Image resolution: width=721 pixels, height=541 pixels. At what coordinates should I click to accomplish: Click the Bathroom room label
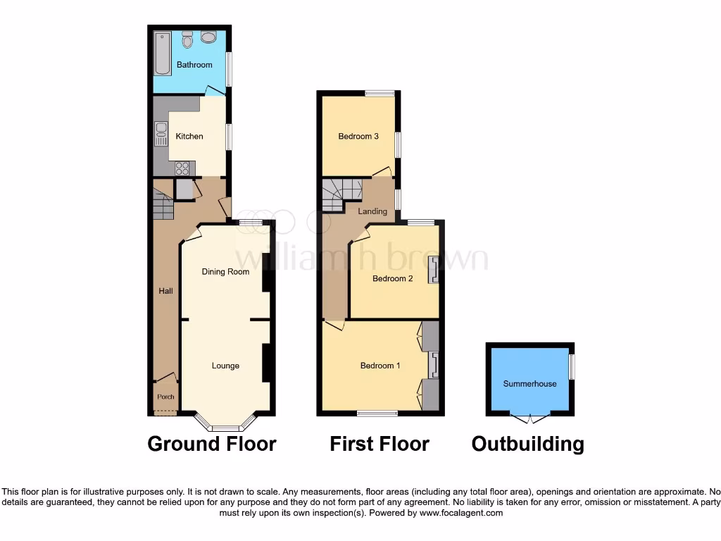194,65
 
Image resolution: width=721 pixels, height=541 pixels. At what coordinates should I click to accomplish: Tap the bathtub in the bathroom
163,54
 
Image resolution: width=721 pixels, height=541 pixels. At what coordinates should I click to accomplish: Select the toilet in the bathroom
187,40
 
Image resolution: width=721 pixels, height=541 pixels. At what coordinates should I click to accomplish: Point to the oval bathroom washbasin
210,37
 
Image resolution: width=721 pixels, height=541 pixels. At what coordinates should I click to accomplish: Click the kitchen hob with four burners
182,168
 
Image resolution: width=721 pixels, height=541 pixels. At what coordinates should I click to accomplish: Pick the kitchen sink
159,132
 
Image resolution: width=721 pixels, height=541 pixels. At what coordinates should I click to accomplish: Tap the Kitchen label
189,136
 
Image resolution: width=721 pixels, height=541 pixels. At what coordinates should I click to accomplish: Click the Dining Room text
225,271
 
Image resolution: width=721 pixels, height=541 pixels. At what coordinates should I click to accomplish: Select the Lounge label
225,366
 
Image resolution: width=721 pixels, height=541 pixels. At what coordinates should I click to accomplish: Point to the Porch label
165,397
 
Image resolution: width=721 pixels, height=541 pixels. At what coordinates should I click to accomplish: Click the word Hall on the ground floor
165,290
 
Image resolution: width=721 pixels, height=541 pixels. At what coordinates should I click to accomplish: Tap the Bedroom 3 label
358,136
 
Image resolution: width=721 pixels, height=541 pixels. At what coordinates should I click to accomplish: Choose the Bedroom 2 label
392,278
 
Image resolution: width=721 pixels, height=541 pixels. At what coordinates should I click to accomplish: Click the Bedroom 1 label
380,366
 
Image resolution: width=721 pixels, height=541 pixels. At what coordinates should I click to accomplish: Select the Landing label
372,211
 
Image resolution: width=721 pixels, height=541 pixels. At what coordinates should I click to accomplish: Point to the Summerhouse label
529,384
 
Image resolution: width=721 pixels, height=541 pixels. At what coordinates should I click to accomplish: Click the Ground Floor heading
211,444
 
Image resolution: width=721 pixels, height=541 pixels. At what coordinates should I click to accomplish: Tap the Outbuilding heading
527,444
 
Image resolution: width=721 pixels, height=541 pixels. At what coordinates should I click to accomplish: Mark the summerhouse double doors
529,418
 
